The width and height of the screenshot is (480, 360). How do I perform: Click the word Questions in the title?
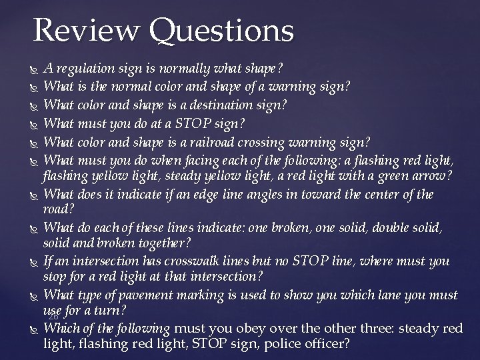(221, 31)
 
